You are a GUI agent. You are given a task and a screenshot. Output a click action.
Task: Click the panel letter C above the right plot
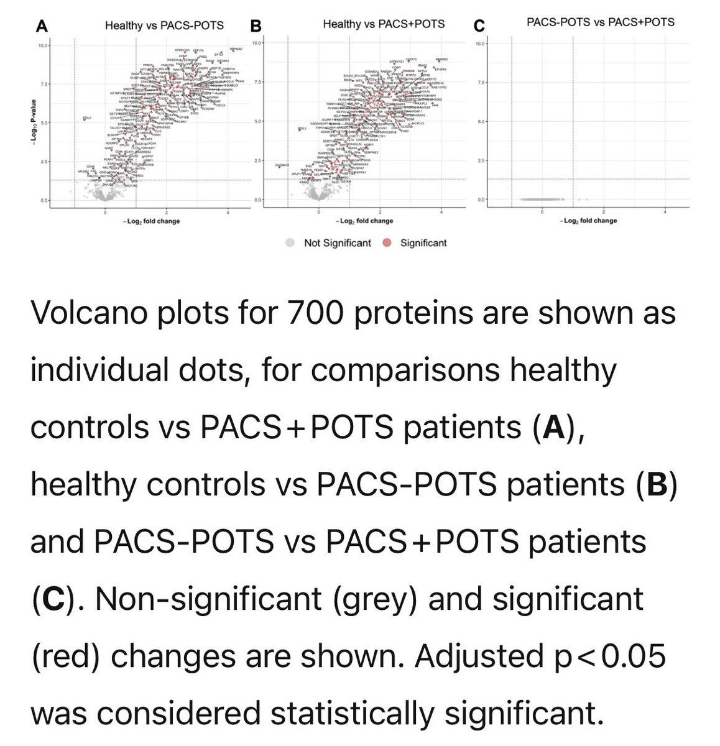click(x=478, y=26)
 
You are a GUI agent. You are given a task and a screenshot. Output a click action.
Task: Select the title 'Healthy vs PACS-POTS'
click(x=164, y=25)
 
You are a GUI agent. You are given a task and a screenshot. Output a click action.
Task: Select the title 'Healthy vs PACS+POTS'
click(x=384, y=24)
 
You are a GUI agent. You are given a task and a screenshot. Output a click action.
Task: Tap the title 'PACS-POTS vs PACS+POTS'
click(x=600, y=22)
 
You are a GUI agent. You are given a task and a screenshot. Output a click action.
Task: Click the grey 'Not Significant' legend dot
click(x=290, y=242)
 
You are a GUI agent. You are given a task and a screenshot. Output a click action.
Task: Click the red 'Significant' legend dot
click(x=387, y=242)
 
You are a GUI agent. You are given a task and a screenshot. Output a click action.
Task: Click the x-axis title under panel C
click(x=589, y=221)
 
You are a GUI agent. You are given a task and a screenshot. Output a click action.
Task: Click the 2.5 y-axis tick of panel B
click(x=257, y=161)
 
